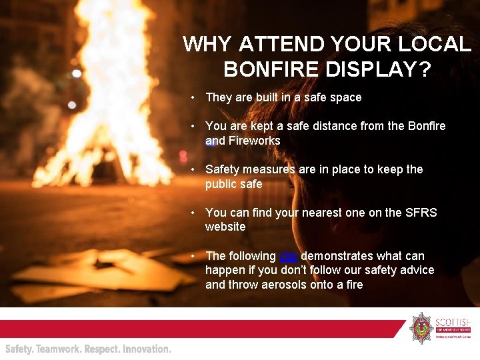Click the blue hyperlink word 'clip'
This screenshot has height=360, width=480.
coord(288,256)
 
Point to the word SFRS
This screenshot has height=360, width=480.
coord(421,213)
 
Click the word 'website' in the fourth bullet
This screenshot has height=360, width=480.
coord(225,227)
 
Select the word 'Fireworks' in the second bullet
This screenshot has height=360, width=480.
coord(254,141)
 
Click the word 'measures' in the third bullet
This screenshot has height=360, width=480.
coord(269,169)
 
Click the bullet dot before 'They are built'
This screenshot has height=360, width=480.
coord(192,97)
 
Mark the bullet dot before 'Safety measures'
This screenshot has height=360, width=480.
coord(192,169)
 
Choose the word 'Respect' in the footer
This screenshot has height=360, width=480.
coord(101,349)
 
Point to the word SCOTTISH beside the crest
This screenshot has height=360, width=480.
coord(453,320)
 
